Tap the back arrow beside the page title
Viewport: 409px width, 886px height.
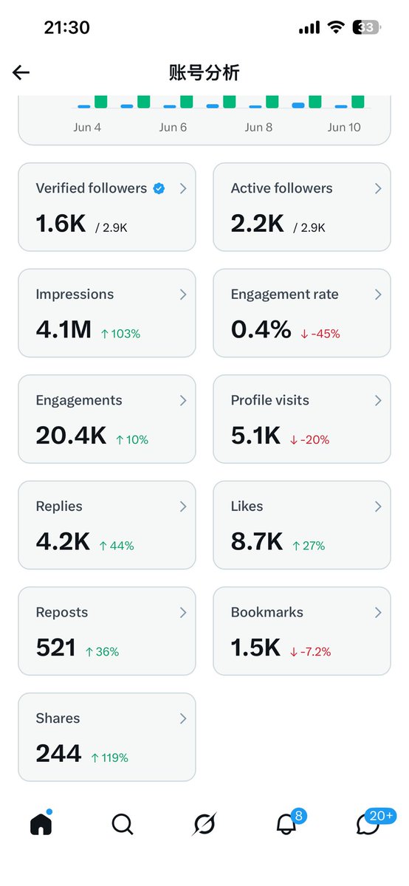coord(21,72)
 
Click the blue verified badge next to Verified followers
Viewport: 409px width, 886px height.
coord(159,188)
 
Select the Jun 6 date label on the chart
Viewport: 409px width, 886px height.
coord(173,127)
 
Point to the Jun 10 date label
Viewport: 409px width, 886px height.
coord(344,127)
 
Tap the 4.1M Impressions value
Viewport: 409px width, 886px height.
coord(63,329)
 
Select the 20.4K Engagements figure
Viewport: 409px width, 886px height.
coord(71,436)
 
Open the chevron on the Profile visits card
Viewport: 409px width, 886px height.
coord(378,401)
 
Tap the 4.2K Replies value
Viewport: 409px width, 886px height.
coord(63,541)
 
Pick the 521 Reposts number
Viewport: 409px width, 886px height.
coord(56,648)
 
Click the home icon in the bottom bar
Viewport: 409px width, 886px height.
coord(41,823)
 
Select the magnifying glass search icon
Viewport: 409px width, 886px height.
coord(123,824)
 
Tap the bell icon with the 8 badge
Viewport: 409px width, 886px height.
coord(286,824)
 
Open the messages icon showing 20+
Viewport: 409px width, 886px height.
coord(368,824)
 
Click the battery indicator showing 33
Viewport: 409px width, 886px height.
coord(366,27)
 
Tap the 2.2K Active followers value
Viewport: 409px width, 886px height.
coord(258,224)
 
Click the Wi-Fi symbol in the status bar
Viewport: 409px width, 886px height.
coord(336,27)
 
